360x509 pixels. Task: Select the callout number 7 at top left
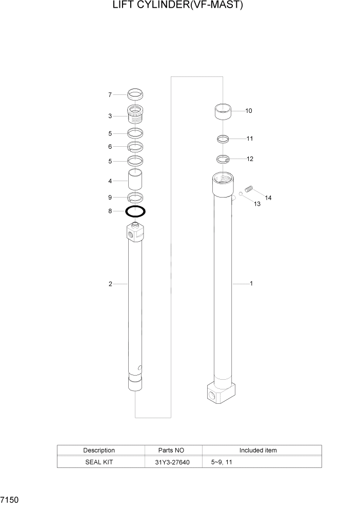(x=110, y=95)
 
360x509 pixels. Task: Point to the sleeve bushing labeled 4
(x=135, y=181)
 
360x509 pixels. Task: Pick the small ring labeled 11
(x=223, y=139)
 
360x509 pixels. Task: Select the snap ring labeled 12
(x=223, y=159)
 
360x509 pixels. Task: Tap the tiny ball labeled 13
(x=239, y=194)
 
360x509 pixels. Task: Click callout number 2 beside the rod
(x=110, y=284)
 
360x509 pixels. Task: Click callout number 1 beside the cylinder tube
(x=251, y=283)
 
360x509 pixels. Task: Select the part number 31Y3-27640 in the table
(x=172, y=462)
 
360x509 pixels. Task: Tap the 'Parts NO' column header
(x=172, y=451)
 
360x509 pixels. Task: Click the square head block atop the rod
(x=135, y=233)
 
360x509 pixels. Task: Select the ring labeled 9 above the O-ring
(x=135, y=198)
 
